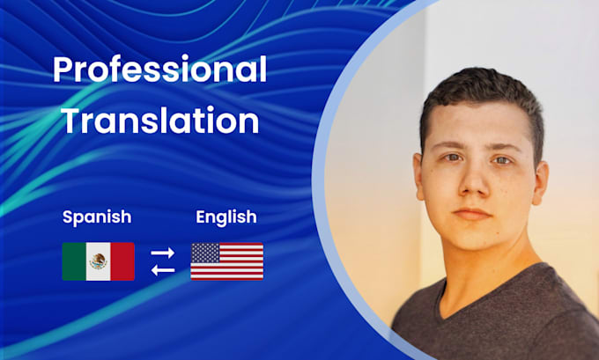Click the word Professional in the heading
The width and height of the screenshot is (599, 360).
[159, 70]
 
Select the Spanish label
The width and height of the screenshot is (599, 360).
[97, 216]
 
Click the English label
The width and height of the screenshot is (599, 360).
[226, 216]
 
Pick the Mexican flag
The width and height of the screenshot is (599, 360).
[98, 261]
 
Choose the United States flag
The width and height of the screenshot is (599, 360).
[226, 261]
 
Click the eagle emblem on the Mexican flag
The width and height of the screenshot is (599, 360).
[98, 261]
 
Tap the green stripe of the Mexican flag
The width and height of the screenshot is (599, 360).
[73, 261]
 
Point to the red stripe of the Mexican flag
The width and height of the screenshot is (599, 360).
[122, 261]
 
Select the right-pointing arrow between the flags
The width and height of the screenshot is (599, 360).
[163, 253]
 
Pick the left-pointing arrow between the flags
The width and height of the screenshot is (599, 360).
[163, 269]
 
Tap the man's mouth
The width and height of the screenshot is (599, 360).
[472, 214]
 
